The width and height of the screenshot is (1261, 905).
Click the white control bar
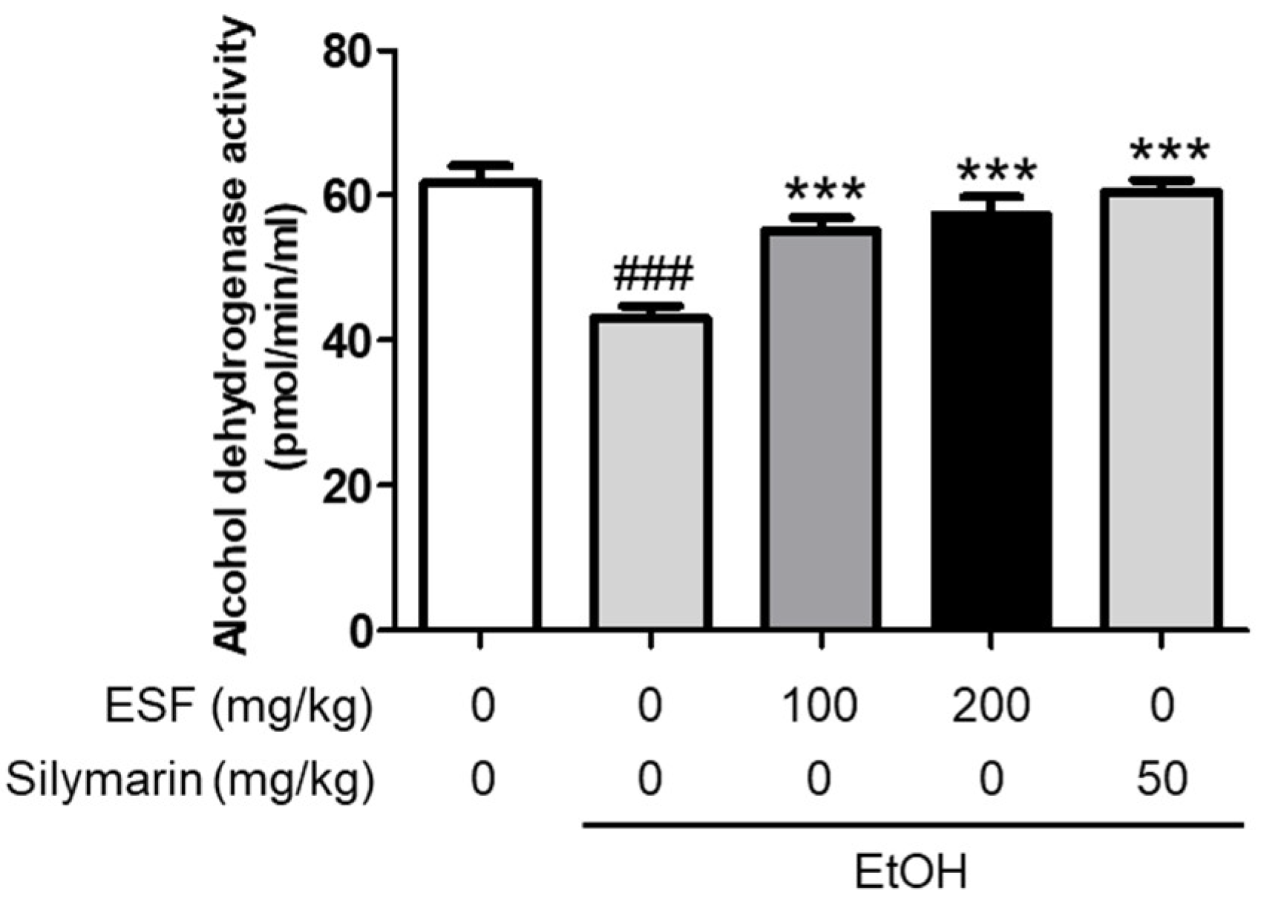pos(480,405)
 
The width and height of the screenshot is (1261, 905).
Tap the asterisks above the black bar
pos(995,173)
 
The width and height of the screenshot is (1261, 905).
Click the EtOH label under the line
pos(911,873)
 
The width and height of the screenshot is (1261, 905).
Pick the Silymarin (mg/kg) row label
pos(189,780)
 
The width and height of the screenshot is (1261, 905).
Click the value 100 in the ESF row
pos(821,705)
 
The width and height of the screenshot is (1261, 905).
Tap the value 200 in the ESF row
pos(991,705)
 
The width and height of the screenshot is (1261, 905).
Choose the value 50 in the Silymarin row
pos(1162,780)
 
